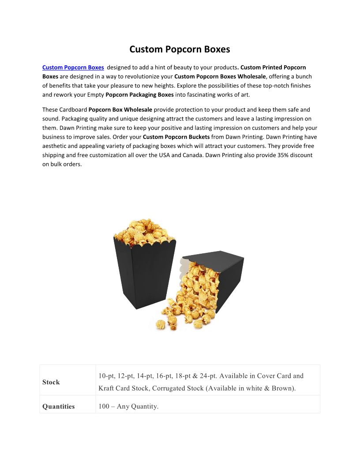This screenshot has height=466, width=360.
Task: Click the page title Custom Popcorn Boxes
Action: pos(180,49)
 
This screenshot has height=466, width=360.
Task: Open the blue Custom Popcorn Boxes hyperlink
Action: pos(73,68)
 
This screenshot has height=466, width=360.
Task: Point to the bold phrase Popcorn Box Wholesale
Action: pos(120,109)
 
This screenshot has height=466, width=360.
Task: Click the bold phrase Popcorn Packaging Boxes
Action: pos(139,95)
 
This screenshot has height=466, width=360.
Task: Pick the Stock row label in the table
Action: pos(51,382)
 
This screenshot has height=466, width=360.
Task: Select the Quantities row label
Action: pos(59,406)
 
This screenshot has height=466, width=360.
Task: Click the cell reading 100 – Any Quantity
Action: pos(128,406)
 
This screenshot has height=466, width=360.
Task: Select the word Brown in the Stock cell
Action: pos(282,389)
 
